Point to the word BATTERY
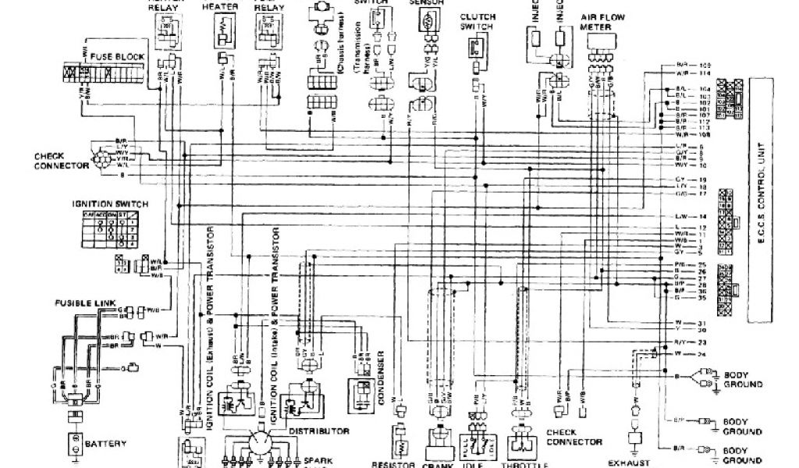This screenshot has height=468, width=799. pyautogui.click(x=105, y=444)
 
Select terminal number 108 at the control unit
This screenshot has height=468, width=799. pyautogui.click(x=707, y=134)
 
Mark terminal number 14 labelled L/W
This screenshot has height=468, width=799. pyautogui.click(x=702, y=215)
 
